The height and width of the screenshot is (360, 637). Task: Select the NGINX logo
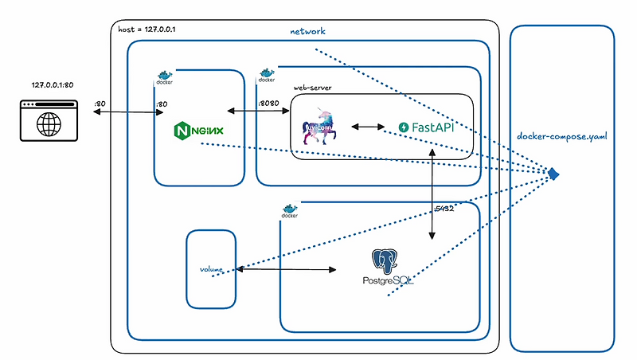[199, 128]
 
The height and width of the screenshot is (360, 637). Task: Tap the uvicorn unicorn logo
[323, 127]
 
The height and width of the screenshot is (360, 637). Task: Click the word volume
[211, 269]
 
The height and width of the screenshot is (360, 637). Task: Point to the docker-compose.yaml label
[562, 136]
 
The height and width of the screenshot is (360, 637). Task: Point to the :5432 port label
[444, 209]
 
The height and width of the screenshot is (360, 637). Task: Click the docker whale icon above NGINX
[163, 77]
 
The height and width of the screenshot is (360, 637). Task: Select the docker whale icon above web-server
[266, 76]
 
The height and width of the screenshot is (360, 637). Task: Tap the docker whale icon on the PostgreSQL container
[289, 211]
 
